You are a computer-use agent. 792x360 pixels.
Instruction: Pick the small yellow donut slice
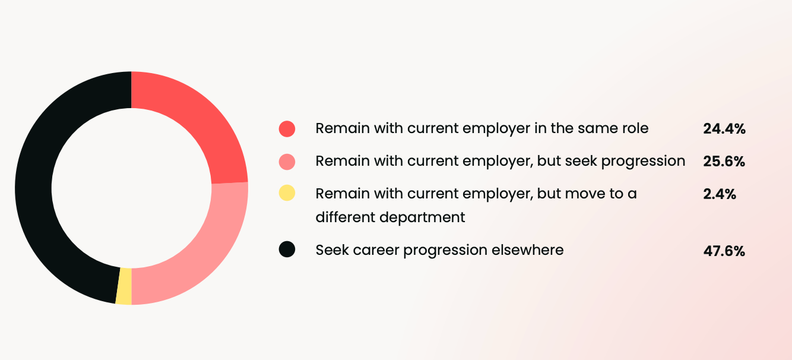pos(123,286)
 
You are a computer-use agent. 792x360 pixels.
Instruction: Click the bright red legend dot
pos(287,128)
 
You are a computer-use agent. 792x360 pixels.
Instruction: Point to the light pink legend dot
pos(287,161)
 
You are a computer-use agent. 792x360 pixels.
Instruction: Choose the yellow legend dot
pos(287,193)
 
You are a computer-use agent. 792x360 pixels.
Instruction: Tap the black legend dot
pos(287,250)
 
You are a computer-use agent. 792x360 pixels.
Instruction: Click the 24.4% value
pos(724,128)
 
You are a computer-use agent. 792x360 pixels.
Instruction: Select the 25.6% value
pos(724,161)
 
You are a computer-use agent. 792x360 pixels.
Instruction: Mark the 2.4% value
pos(720,194)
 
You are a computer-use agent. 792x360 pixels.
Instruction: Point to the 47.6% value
pos(724,251)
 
